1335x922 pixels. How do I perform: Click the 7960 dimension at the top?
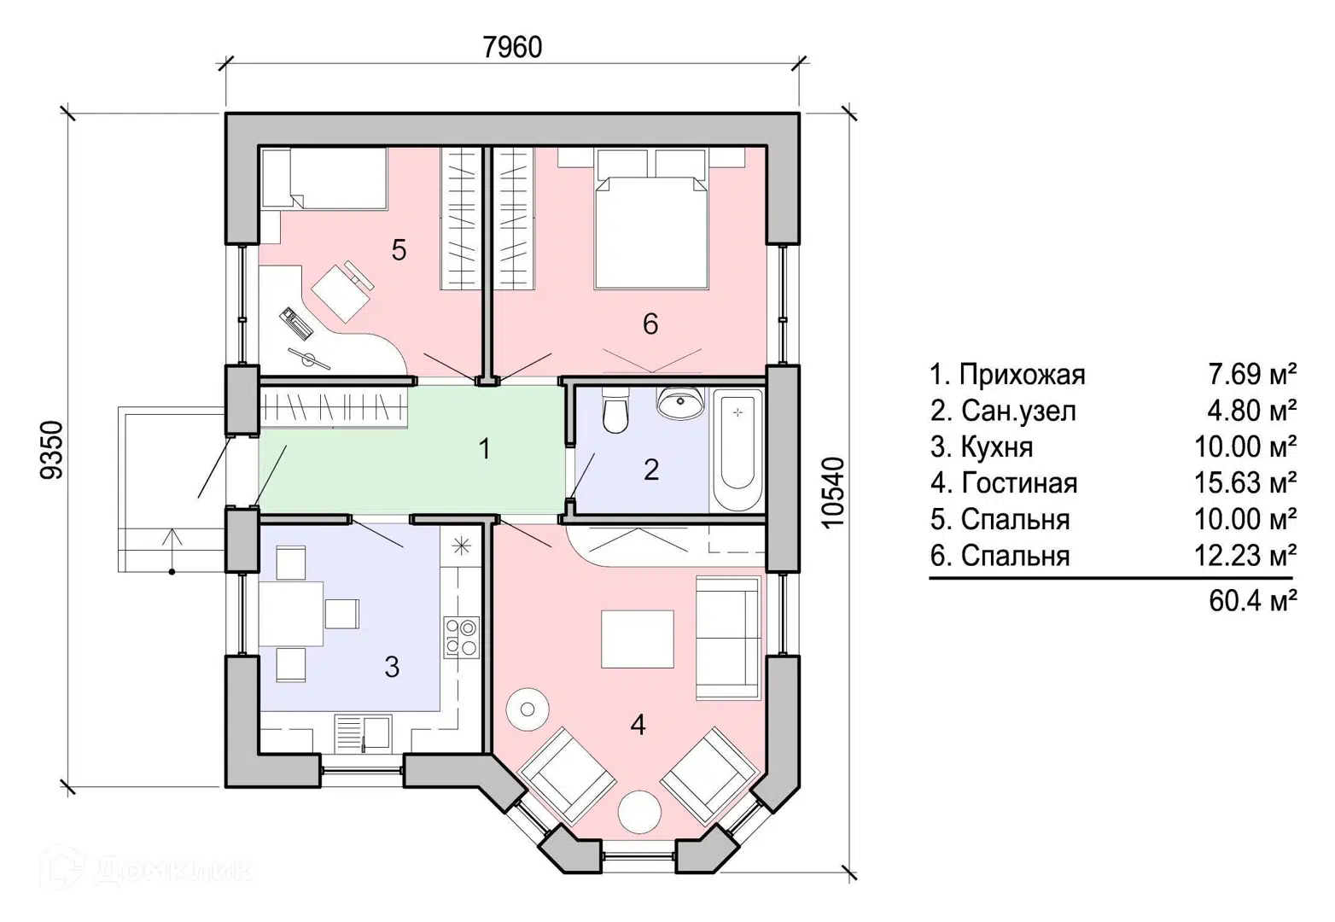(x=512, y=48)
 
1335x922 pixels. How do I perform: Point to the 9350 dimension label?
(x=51, y=450)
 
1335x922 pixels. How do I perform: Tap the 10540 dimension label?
(x=833, y=493)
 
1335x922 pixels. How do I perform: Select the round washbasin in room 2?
(x=680, y=403)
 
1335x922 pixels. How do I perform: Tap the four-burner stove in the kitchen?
(x=461, y=637)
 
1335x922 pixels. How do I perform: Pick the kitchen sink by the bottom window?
(x=363, y=733)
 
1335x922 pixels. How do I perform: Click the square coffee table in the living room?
(x=637, y=639)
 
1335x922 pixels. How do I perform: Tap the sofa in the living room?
(x=728, y=637)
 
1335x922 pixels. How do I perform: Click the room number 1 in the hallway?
(x=485, y=449)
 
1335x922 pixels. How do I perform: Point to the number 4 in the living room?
(x=638, y=726)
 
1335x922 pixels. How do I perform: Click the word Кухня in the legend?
(x=997, y=447)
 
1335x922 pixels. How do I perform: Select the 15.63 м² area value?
(x=1245, y=482)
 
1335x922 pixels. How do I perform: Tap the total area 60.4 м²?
(x=1253, y=601)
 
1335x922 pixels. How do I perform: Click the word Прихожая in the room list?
(x=1022, y=375)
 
